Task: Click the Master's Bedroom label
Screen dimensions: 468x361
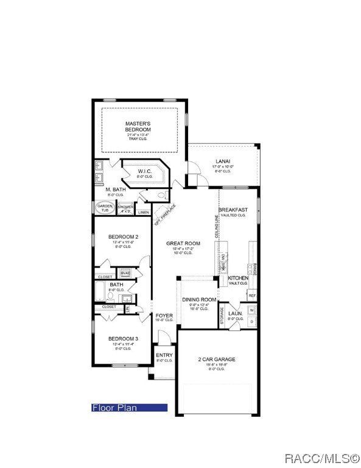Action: (x=138, y=127)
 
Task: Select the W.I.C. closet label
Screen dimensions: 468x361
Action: (x=144, y=171)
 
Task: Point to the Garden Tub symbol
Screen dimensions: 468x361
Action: (x=104, y=208)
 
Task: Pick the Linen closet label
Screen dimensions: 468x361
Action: (x=143, y=212)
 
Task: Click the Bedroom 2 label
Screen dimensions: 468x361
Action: (x=124, y=237)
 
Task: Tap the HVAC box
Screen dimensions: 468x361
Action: (x=125, y=273)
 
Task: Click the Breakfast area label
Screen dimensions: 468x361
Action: (x=233, y=210)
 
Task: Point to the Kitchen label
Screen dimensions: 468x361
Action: (x=238, y=278)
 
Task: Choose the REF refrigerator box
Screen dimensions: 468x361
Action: (x=251, y=296)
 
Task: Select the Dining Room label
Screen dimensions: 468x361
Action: (x=199, y=300)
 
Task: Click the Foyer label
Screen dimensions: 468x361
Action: (x=164, y=316)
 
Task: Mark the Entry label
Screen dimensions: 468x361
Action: (x=164, y=355)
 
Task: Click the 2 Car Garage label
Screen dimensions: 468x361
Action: (x=217, y=360)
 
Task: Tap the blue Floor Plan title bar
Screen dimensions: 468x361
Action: (x=129, y=408)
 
